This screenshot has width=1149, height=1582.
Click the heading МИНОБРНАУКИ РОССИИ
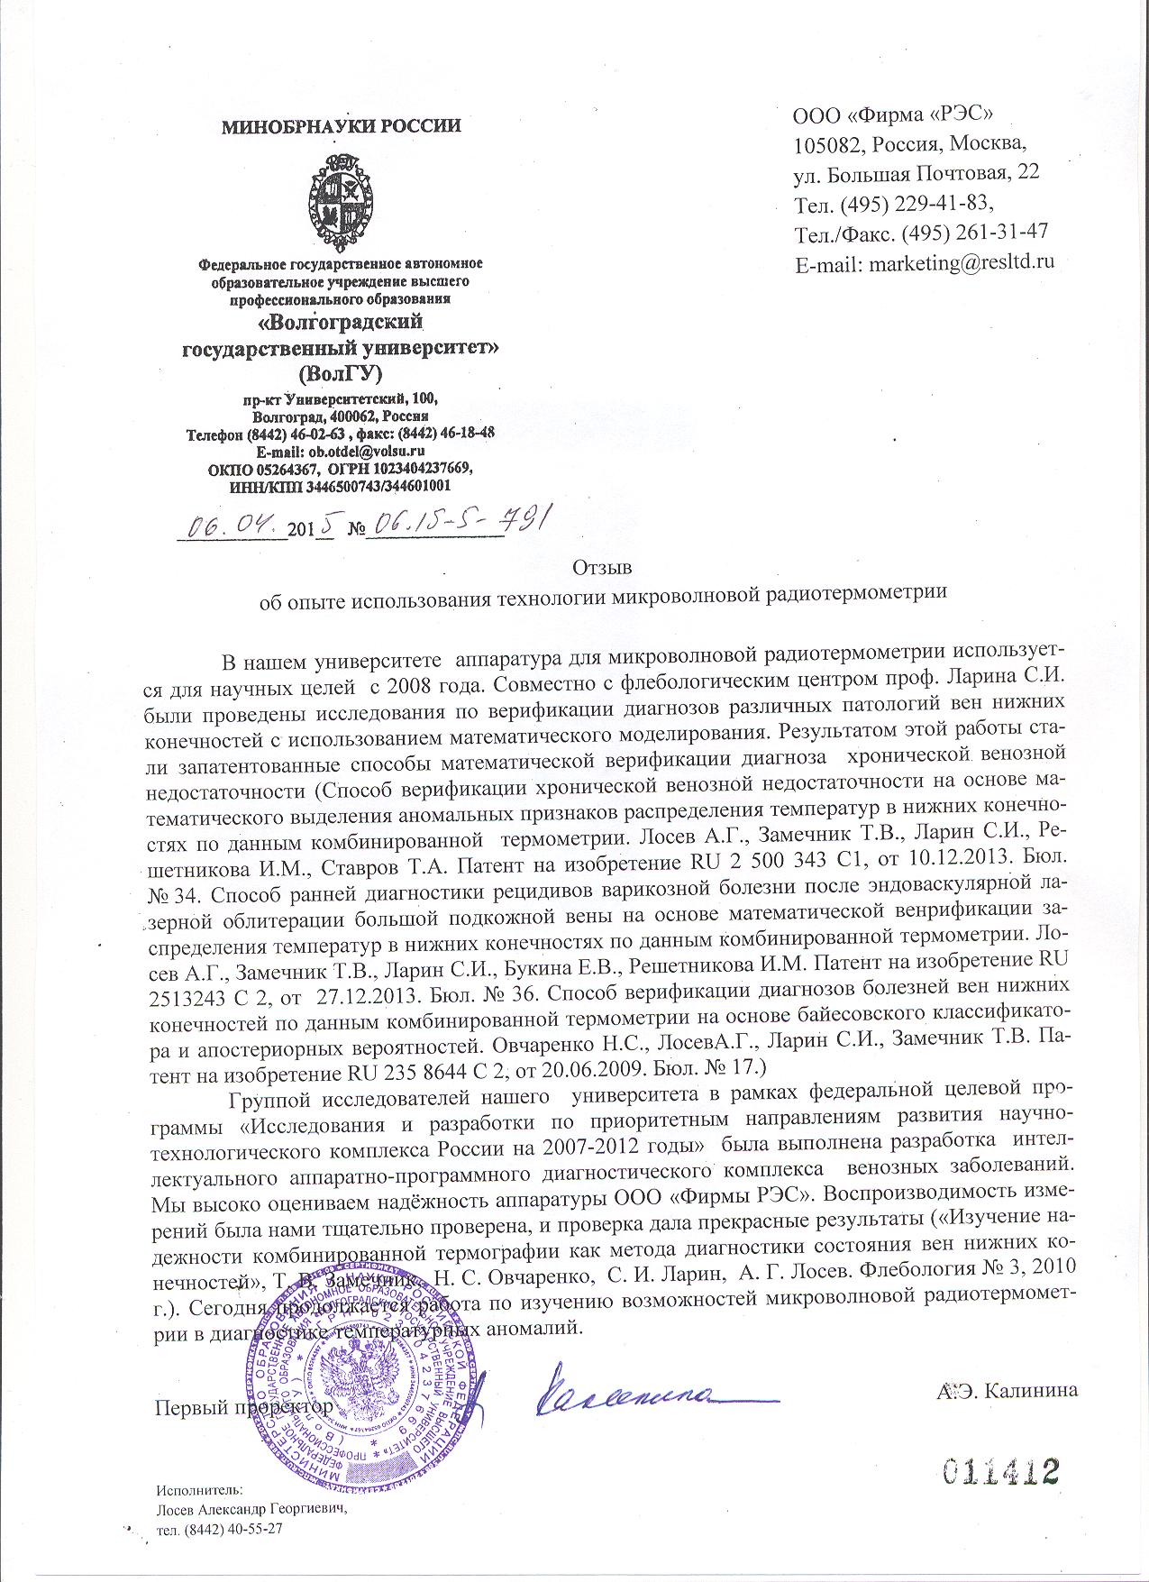(342, 126)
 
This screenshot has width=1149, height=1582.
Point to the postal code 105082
(826, 143)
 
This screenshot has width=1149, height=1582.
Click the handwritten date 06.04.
(232, 526)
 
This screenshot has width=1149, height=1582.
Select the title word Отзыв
(602, 568)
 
